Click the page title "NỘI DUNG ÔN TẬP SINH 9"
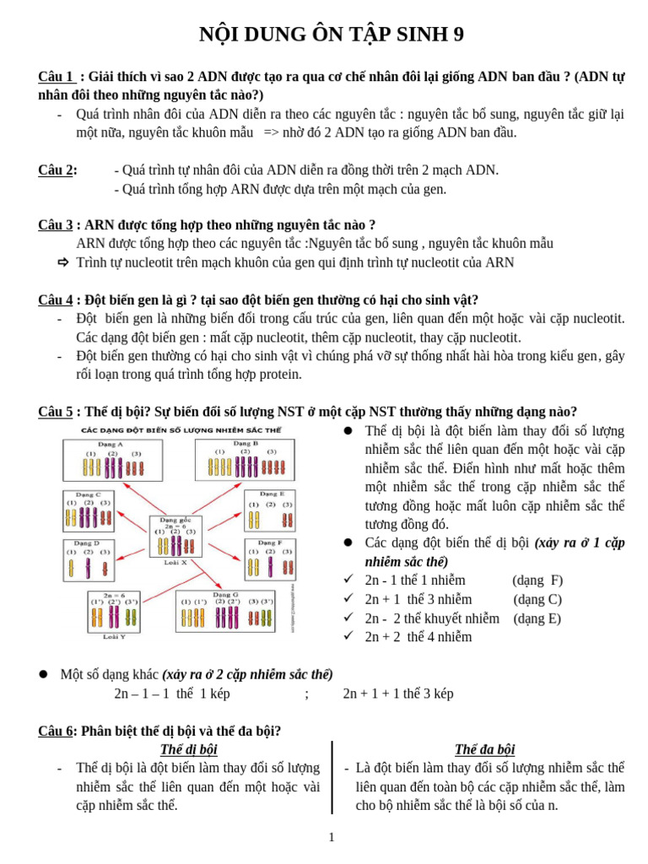[x=331, y=35]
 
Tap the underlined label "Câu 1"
[x=56, y=77]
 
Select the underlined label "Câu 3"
[x=56, y=225]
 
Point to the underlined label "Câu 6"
[x=56, y=732]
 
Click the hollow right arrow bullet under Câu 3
[x=63, y=262]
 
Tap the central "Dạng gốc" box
[x=175, y=537]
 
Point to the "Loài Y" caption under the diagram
[x=114, y=637]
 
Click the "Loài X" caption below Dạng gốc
[x=174, y=562]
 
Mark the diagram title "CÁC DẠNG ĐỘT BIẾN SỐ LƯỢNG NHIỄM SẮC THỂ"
[x=181, y=430]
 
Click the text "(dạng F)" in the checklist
[x=537, y=580]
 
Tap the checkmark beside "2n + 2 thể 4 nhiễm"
[x=348, y=636]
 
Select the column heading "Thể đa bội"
[x=484, y=749]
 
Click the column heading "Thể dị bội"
[x=188, y=749]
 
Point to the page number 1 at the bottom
[x=331, y=837]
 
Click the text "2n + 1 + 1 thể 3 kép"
[x=397, y=694]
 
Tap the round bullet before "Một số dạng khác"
[x=44, y=674]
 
